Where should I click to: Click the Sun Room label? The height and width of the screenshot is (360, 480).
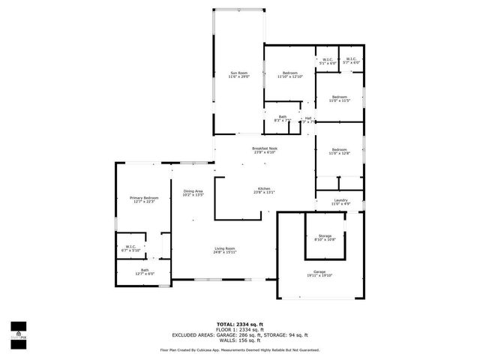pos(238,72)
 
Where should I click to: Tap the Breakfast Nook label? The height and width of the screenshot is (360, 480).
pos(265,148)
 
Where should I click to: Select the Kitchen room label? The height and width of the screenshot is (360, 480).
pos(264,188)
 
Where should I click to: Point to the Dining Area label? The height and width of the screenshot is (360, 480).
pos(193,191)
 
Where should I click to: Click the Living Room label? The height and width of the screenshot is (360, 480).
pos(225,248)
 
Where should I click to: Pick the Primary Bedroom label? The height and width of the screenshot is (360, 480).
pos(142,198)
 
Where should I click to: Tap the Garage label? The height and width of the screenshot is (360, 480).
pos(319,271)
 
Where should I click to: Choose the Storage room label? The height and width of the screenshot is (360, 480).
pos(325,235)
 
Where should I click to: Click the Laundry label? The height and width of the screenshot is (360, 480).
pos(340,199)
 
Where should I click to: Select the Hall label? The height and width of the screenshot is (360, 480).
pos(307,118)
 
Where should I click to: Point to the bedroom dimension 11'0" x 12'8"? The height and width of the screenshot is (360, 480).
pos(340,154)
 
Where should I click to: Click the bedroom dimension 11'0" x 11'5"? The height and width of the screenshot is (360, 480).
pos(340,100)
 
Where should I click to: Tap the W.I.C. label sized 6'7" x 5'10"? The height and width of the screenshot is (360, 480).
pos(130,250)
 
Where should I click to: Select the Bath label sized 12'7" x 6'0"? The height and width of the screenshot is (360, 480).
pos(144,274)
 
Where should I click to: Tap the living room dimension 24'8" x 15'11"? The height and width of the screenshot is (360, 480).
pos(225,252)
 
